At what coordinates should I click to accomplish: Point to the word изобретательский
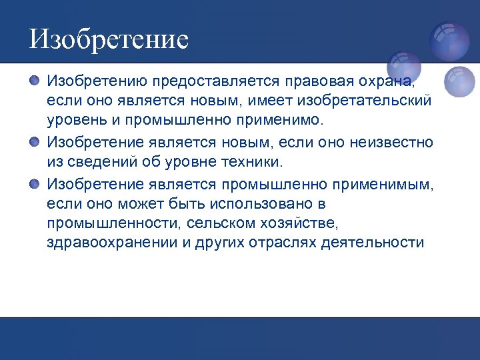pyautogui.click(x=365, y=101)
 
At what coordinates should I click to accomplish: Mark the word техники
pyautogui.click(x=254, y=161)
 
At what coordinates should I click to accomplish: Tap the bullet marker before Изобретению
pyautogui.click(x=35, y=81)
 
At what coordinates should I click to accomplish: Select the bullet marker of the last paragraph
pyautogui.click(x=35, y=182)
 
